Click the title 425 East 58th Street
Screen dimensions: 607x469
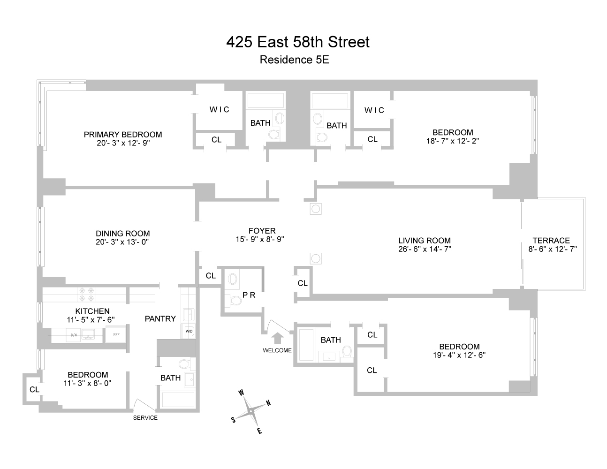298,42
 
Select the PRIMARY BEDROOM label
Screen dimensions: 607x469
123,135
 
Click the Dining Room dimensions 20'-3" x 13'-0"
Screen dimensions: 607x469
122,242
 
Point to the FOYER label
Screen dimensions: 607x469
262,231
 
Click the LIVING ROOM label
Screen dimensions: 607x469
425,241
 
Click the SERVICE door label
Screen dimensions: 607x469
145,418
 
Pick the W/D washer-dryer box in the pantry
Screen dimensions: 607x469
189,331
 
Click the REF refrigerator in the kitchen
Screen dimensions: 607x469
115,335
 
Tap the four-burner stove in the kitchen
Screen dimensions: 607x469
87,294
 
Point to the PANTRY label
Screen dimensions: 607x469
160,319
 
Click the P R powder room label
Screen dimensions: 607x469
249,295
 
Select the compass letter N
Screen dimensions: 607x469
268,403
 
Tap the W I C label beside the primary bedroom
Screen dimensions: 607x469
219,110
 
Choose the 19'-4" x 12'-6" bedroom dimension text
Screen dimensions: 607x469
459,355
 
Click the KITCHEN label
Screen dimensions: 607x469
92,311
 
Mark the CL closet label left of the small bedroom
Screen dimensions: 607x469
34,389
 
